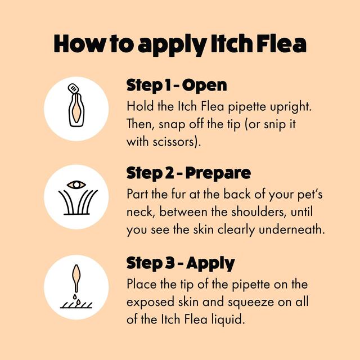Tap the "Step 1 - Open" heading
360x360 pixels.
176,85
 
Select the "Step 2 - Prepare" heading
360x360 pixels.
188,173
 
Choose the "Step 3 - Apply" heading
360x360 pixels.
180,263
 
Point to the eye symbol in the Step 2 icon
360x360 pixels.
76,184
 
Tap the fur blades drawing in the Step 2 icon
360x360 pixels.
76,203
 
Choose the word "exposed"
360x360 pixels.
148,301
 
